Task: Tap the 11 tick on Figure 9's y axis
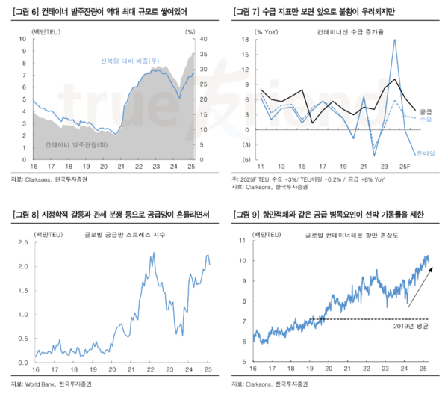point(243,240)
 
